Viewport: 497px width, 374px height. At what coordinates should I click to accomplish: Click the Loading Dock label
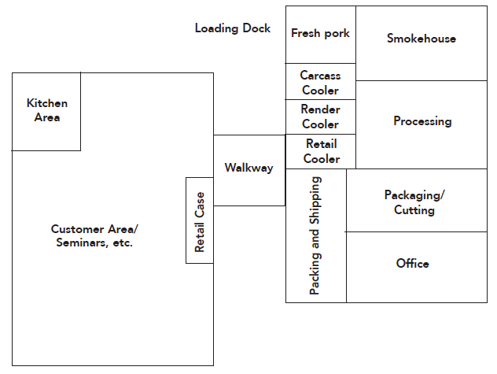pos(232,28)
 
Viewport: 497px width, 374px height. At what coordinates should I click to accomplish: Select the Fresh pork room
pos(320,34)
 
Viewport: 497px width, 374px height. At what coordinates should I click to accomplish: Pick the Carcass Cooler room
pos(320,82)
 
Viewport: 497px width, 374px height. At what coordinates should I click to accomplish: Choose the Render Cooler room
pos(320,117)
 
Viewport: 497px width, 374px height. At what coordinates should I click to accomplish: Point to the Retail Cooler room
pos(321,151)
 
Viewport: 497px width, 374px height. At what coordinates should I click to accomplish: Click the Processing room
pos(422,123)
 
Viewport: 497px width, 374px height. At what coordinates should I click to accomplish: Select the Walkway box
pos(248,168)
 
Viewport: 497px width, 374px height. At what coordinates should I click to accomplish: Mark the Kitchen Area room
pos(46,110)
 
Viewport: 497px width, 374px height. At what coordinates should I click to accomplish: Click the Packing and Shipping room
pos(315,235)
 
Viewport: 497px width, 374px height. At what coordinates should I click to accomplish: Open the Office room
pos(413,264)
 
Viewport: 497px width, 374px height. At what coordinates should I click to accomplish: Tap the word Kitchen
pos(47,103)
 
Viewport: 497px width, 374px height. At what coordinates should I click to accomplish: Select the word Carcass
pos(320,76)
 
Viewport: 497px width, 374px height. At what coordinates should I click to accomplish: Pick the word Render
pos(320,110)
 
